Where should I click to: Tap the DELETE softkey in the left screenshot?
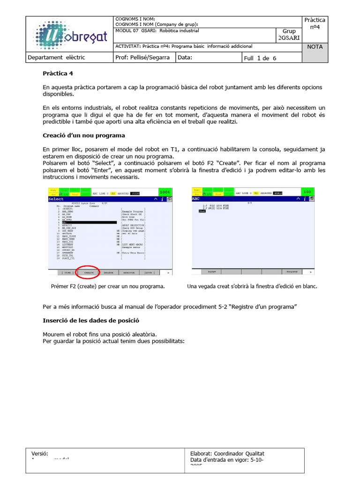click(x=108, y=272)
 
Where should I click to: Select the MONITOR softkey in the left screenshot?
click(x=128, y=272)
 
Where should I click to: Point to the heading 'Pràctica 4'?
click(x=58, y=74)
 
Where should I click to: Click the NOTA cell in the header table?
click(x=315, y=47)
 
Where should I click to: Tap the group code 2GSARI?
click(x=289, y=38)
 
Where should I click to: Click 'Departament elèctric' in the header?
click(x=56, y=58)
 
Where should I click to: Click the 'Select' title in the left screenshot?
click(x=56, y=199)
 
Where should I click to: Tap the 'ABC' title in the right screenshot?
click(x=196, y=198)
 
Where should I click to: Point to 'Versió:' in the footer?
click(x=40, y=454)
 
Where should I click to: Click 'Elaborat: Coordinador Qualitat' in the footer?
click(x=227, y=454)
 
